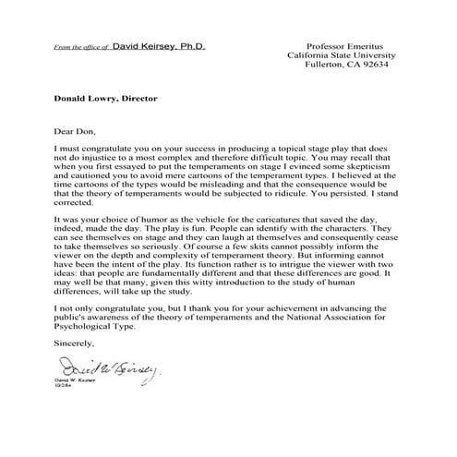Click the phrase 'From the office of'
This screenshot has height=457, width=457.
coord(82,45)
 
